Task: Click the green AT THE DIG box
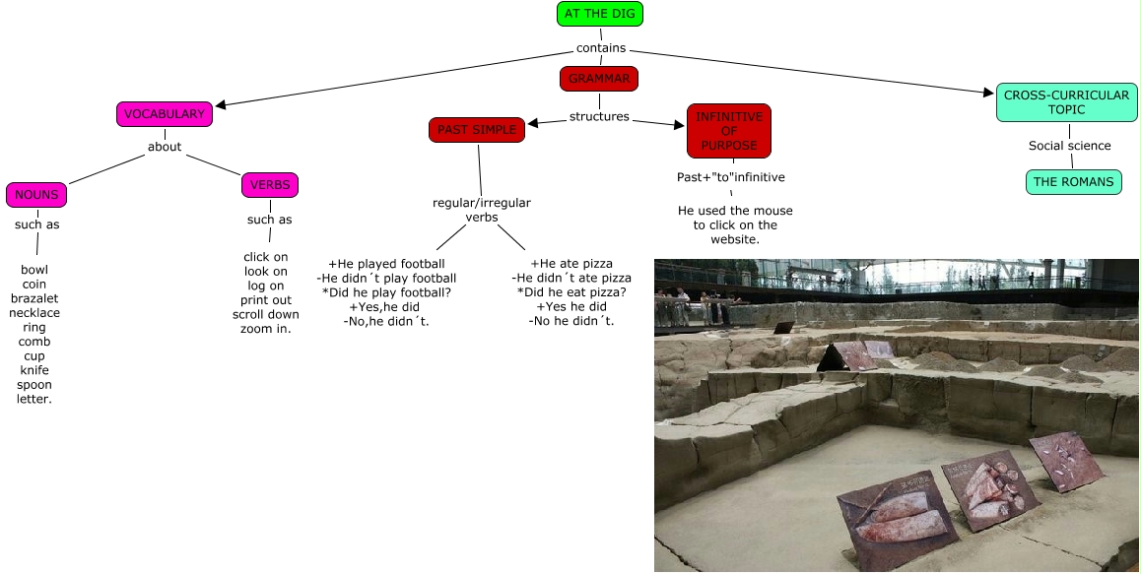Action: pos(600,14)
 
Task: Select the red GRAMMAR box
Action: pos(599,79)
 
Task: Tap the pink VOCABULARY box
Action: pos(165,114)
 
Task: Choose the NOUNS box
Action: pos(36,195)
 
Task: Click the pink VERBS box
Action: pos(269,185)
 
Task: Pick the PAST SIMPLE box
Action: pos(477,130)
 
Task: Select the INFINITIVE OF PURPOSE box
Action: pos(729,131)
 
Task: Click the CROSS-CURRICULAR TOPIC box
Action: pos(1066,102)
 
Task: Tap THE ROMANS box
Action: pos(1073,182)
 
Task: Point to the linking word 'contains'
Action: pos(601,48)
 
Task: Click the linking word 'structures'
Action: pos(599,117)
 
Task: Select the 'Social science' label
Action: pos(1069,146)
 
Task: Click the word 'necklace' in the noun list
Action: pos(34,313)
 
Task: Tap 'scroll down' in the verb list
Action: pos(266,315)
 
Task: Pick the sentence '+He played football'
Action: pos(386,264)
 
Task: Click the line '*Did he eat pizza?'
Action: pos(571,292)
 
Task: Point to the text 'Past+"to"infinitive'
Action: pos(730,178)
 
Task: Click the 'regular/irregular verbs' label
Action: pos(482,210)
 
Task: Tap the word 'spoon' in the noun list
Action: pos(34,385)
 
